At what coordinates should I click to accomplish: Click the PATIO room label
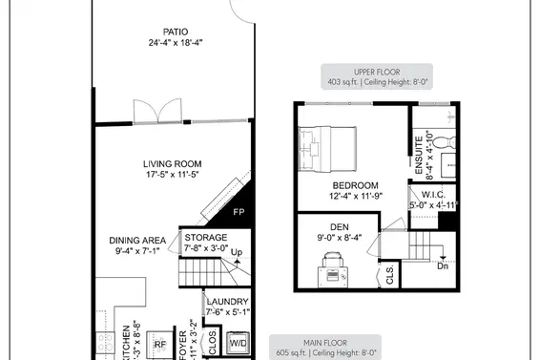click(176, 31)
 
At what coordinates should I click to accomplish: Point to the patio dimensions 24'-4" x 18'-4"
click(176, 43)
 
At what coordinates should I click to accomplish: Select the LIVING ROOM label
click(173, 163)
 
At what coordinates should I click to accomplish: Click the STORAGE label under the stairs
click(206, 237)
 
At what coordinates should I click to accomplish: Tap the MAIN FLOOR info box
click(326, 347)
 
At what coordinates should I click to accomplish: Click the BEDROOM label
click(355, 185)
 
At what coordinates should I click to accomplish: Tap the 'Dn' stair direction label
click(443, 266)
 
